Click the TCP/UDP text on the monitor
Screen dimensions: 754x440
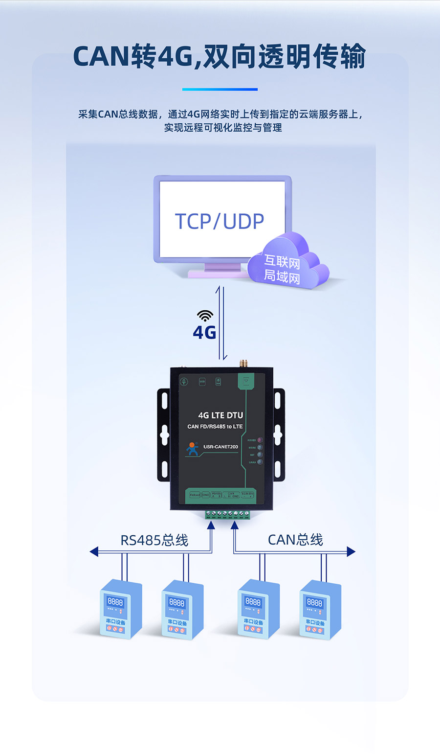click(220, 221)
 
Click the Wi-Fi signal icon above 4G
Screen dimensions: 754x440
click(205, 315)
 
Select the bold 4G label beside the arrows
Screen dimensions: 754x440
click(204, 333)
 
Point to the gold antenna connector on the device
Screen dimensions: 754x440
click(242, 364)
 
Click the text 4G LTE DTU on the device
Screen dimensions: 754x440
click(220, 415)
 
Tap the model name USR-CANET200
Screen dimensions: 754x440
click(220, 447)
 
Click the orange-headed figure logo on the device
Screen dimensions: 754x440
click(192, 449)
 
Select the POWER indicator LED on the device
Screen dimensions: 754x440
click(260, 440)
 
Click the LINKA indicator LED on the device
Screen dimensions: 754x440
click(260, 462)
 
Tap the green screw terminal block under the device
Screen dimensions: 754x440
click(227, 514)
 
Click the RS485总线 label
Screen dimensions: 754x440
click(154, 540)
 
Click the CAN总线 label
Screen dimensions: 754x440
click(295, 540)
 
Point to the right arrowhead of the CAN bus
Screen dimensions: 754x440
click(351, 551)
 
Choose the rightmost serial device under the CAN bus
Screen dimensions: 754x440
click(320, 609)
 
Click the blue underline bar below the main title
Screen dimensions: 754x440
click(220, 90)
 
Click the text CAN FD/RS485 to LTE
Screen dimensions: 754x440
click(215, 427)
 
